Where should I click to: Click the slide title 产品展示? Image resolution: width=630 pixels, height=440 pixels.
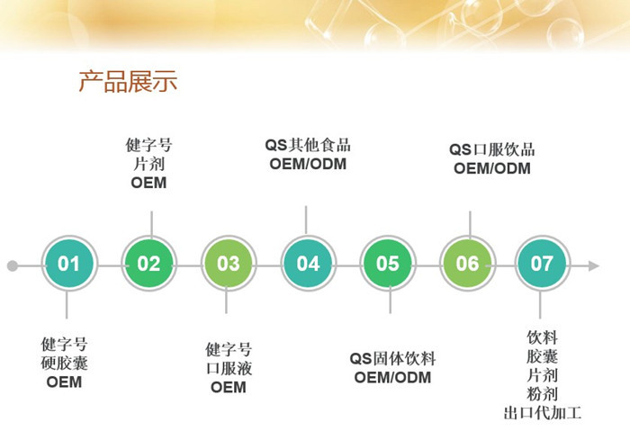click(x=128, y=81)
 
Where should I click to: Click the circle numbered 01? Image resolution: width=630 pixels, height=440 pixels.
click(x=69, y=264)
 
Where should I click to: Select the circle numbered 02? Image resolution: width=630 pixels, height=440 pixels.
click(x=149, y=264)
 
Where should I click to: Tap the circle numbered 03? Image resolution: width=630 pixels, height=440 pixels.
click(x=229, y=264)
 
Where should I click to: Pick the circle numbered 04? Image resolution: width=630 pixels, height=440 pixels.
click(x=308, y=264)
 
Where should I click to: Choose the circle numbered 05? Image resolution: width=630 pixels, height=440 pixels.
click(x=388, y=264)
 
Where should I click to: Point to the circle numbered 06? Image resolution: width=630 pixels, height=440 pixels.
click(x=467, y=264)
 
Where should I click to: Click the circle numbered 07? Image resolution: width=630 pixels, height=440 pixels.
click(x=542, y=264)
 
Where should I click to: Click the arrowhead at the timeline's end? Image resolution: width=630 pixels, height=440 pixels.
click(x=594, y=265)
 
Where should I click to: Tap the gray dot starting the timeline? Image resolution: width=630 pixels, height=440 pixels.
click(x=13, y=265)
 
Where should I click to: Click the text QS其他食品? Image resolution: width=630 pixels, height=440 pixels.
click(x=308, y=145)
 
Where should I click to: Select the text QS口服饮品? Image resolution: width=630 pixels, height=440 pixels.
click(x=491, y=149)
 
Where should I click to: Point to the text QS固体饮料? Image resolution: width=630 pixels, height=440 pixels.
click(x=392, y=358)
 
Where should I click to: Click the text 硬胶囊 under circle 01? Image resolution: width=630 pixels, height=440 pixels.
click(x=64, y=363)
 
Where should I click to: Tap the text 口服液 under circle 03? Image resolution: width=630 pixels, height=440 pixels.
click(x=229, y=368)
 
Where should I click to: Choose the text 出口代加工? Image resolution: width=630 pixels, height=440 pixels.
click(x=543, y=413)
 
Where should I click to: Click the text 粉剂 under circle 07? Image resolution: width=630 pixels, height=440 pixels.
click(x=543, y=394)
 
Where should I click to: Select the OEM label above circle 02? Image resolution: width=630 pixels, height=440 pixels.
click(x=148, y=183)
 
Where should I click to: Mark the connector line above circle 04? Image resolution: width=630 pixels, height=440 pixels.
click(x=306, y=220)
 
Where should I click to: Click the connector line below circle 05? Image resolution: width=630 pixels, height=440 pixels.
click(x=390, y=300)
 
